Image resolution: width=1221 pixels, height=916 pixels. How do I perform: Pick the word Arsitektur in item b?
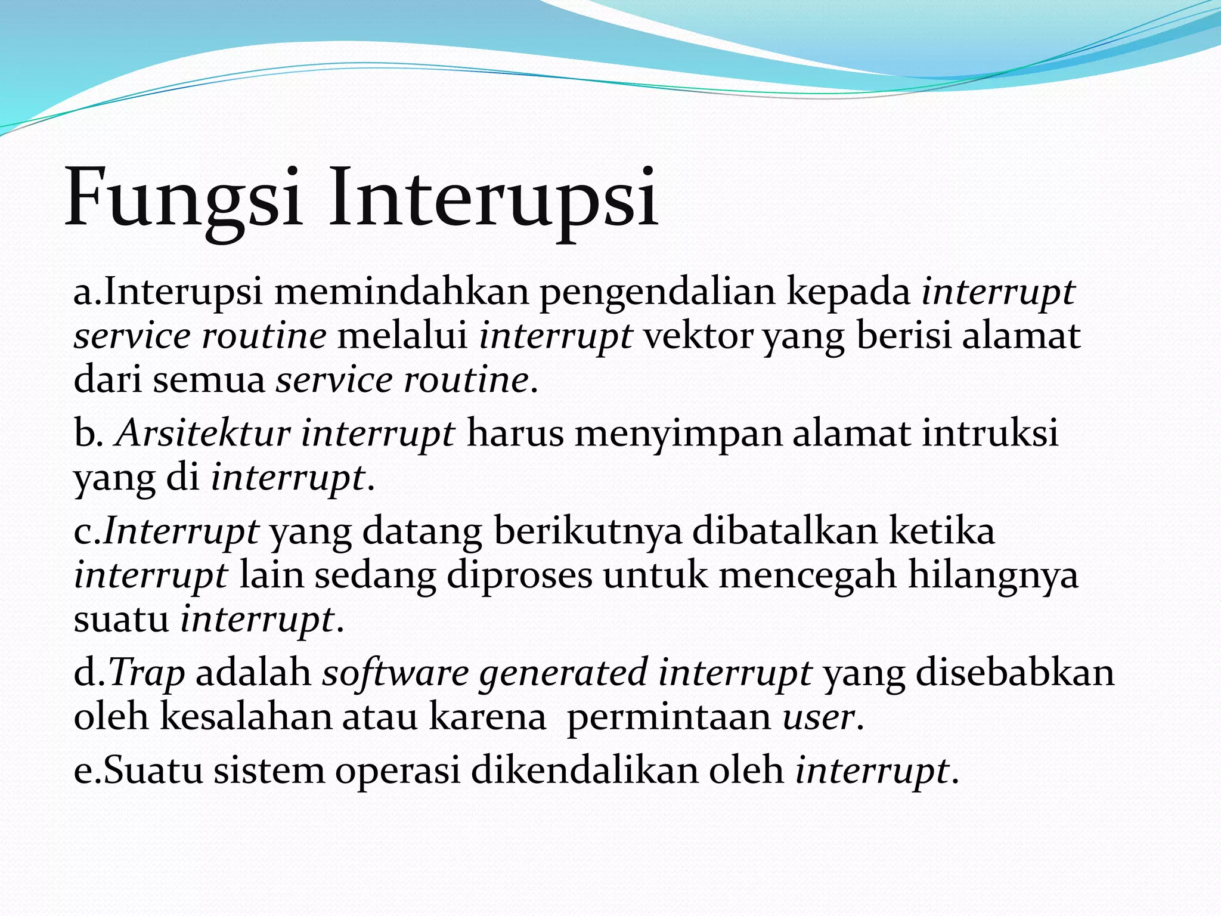203,433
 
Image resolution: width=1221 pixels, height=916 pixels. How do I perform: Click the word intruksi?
990,433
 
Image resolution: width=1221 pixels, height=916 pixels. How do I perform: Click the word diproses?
520,575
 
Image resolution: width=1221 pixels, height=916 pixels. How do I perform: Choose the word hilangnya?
993,575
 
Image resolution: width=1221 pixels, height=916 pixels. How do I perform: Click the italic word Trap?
147,673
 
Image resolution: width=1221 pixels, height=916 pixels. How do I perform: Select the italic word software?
396,673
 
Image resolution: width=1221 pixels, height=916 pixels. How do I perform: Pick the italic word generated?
563,673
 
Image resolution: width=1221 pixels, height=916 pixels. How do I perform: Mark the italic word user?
819,716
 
